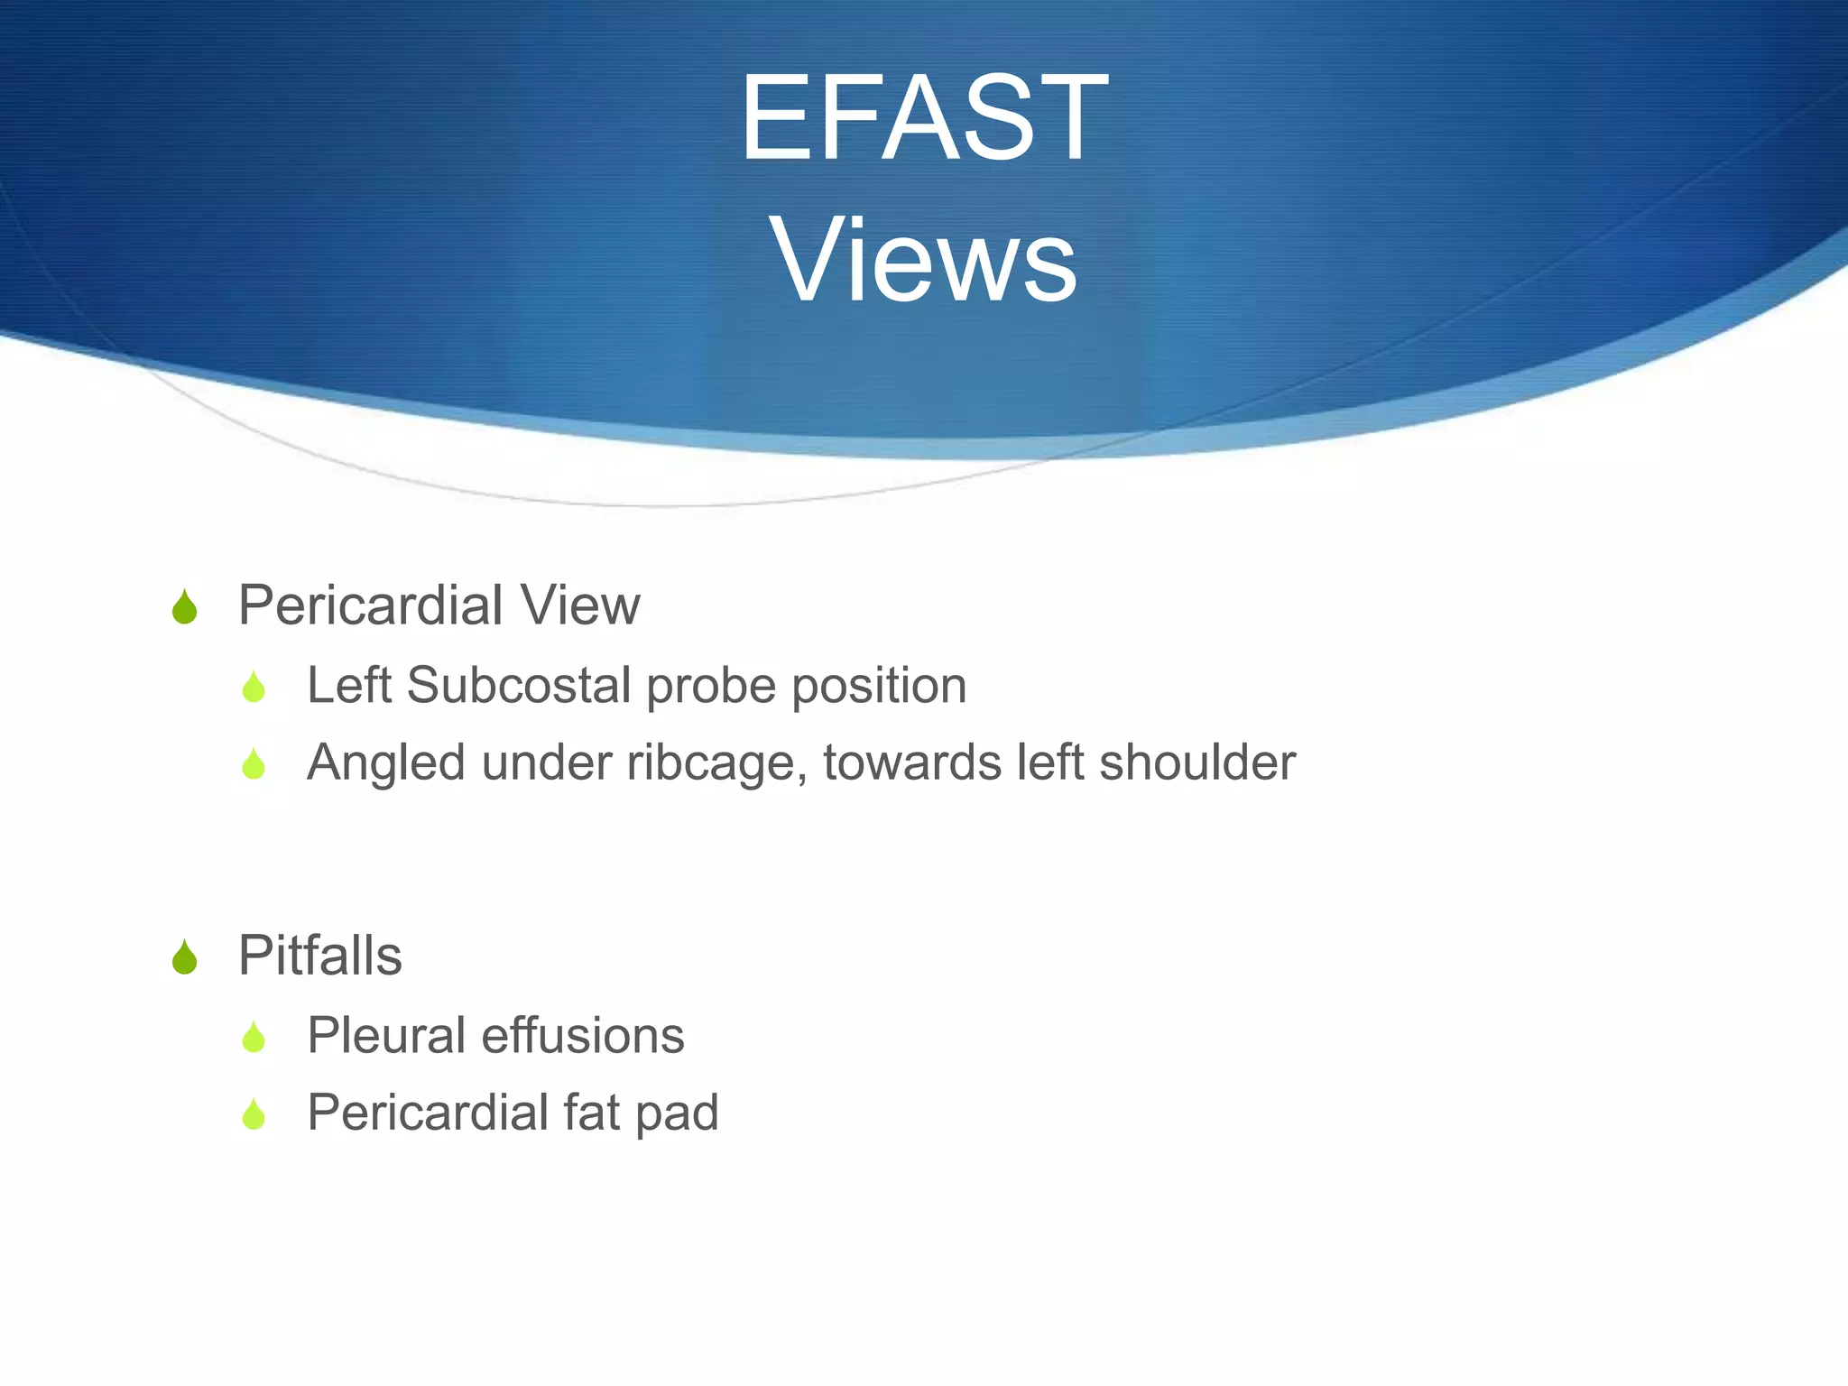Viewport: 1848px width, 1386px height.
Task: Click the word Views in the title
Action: (x=923, y=261)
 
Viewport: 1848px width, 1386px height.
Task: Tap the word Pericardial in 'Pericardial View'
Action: (x=370, y=605)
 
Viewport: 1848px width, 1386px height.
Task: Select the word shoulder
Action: (x=1197, y=762)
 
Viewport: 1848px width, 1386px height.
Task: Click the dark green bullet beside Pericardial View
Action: (x=184, y=607)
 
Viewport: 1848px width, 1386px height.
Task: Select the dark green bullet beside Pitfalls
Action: (x=184, y=957)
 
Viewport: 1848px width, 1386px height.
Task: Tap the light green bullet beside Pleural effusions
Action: (x=254, y=1038)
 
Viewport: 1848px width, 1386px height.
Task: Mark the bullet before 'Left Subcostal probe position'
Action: (x=254, y=688)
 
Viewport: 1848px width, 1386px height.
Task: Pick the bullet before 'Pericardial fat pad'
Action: (x=254, y=1114)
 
